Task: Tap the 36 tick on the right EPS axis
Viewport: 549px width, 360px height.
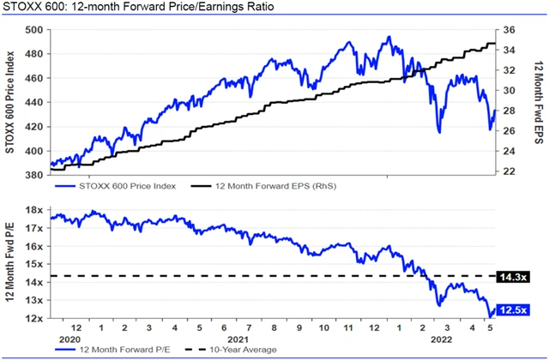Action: [508, 30]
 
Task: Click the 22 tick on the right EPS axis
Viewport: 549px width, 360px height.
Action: [508, 171]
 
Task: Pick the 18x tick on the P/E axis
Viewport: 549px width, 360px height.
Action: [37, 210]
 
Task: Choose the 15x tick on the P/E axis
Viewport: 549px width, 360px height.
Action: [37, 264]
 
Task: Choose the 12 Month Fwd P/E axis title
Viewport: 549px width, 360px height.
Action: [11, 264]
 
